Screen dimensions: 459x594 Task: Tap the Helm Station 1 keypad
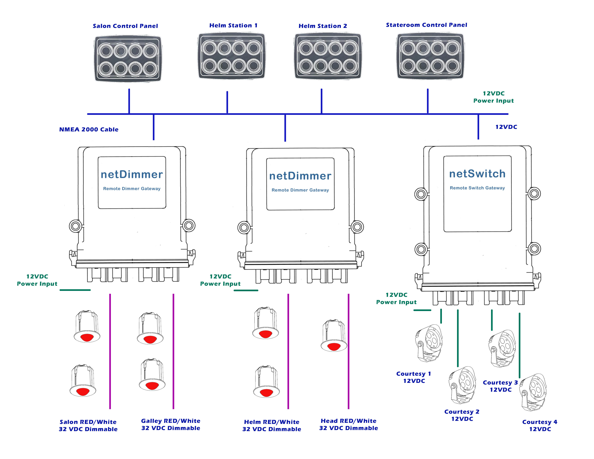(x=231, y=56)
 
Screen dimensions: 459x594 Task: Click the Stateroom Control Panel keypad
(x=430, y=57)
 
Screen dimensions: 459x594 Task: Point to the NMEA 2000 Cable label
(x=89, y=129)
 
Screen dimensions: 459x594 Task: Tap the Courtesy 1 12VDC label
(x=414, y=377)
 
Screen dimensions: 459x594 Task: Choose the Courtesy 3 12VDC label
(x=500, y=386)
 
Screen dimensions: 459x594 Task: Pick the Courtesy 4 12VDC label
(x=540, y=426)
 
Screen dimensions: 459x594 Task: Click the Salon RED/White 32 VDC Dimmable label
(x=88, y=426)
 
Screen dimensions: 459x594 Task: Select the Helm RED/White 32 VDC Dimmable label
(x=271, y=426)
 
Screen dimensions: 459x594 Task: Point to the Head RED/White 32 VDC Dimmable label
(x=348, y=424)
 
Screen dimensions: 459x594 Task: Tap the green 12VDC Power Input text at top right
(x=493, y=97)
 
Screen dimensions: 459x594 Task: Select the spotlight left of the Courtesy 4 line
(x=501, y=349)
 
